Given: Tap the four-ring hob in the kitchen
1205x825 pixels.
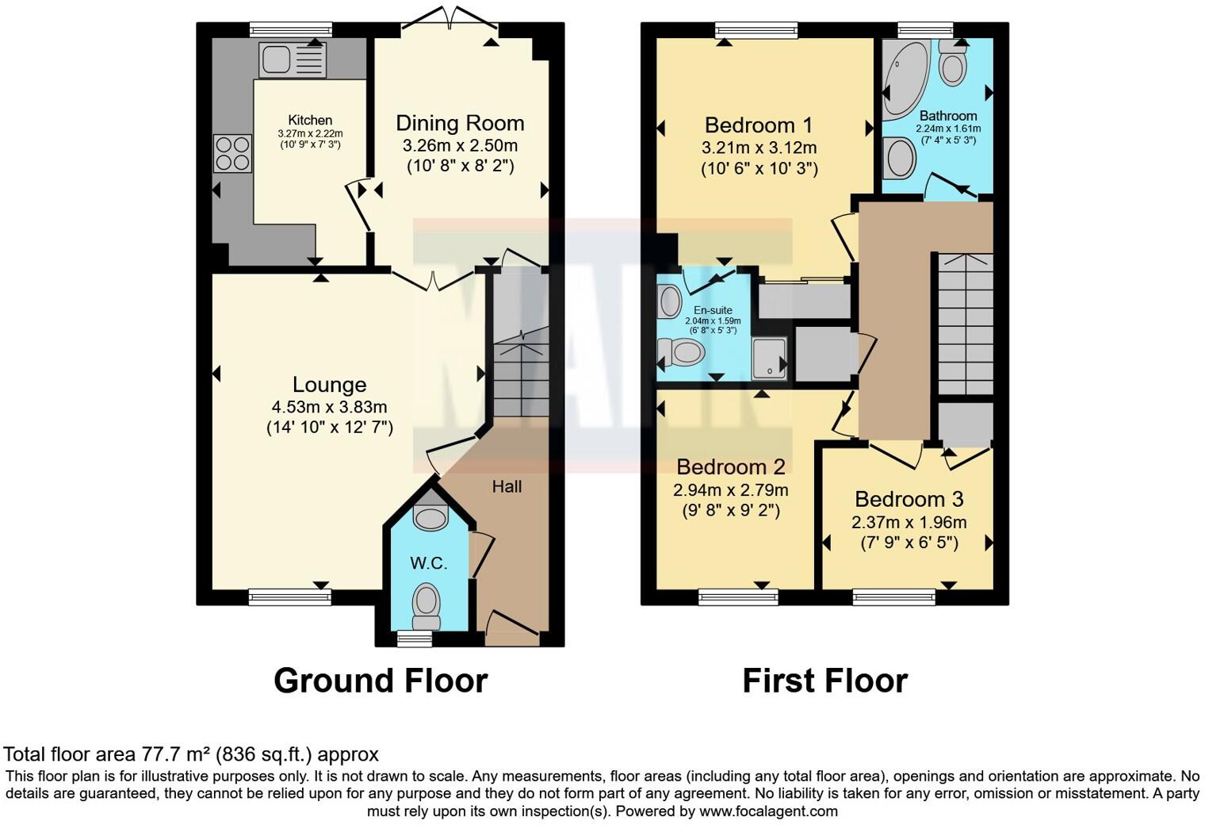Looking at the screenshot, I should pyautogui.click(x=232, y=154).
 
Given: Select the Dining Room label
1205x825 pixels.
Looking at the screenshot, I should pyautogui.click(x=460, y=124).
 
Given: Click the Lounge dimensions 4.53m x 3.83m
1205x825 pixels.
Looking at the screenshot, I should pyautogui.click(x=329, y=407).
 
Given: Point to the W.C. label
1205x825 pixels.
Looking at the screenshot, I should pyautogui.click(x=429, y=564).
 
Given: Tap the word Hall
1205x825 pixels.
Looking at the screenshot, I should pyautogui.click(x=507, y=486).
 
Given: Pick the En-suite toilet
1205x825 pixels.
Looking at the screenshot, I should pyautogui.click(x=680, y=352).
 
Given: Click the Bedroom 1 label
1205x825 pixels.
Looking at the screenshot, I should pyautogui.click(x=759, y=125).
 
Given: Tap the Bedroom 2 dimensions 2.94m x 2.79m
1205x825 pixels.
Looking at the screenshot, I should pyautogui.click(x=731, y=490).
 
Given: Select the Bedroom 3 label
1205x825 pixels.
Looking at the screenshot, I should pyautogui.click(x=909, y=500).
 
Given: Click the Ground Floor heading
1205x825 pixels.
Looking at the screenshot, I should pyautogui.click(x=381, y=681).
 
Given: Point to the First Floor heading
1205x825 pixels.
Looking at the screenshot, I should pyautogui.click(x=824, y=681).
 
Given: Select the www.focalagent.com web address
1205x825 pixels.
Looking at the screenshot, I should pyautogui.click(x=768, y=811).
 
